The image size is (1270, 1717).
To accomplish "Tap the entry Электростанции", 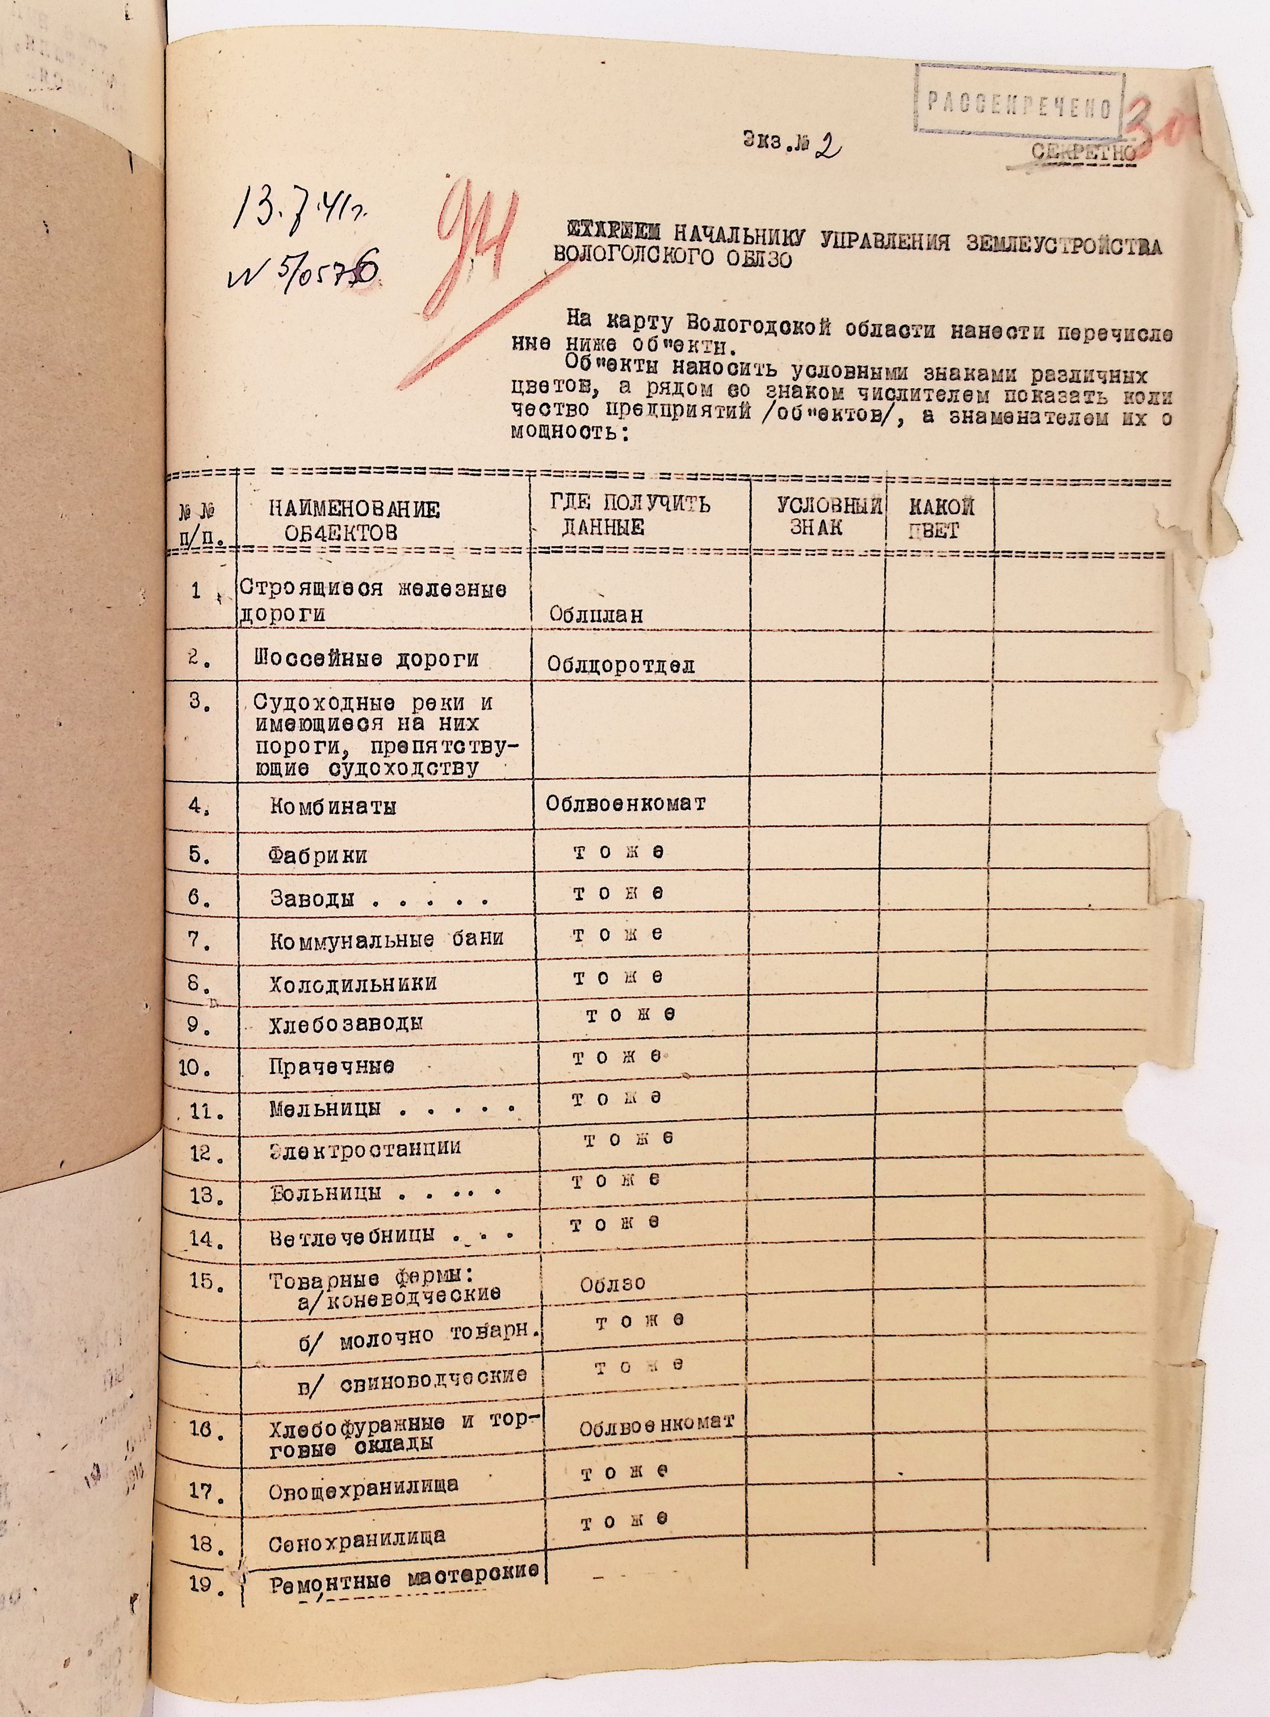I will pyautogui.click(x=365, y=1149).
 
